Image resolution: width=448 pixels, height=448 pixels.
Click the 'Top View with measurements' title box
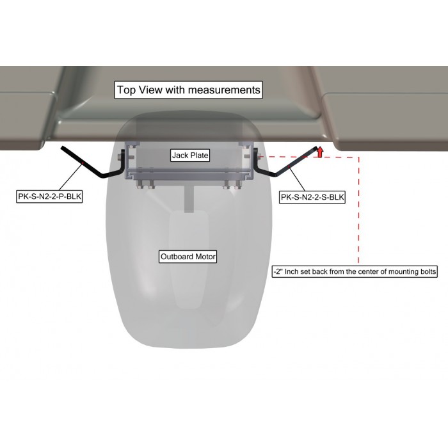point(188,90)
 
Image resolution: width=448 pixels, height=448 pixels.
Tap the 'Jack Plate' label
point(190,156)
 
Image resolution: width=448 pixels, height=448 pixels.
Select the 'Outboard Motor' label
point(188,257)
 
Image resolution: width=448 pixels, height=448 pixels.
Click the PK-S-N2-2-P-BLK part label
point(49,196)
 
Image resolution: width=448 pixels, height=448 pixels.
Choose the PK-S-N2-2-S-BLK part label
point(312,197)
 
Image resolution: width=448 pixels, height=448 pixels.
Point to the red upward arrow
point(320,152)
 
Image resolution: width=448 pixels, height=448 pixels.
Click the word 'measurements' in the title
point(224,90)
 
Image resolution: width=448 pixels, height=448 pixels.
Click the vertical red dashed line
point(358,210)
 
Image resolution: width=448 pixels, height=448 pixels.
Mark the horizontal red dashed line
point(309,157)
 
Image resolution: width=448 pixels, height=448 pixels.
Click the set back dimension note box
point(355,271)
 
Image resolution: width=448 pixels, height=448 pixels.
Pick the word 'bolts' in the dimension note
point(428,271)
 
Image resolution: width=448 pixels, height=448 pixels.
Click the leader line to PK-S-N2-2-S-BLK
point(297,179)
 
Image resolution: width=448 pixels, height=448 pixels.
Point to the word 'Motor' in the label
point(205,257)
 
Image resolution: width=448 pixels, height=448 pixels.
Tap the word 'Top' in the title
point(127,90)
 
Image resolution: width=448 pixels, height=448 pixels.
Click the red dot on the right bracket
point(289,166)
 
